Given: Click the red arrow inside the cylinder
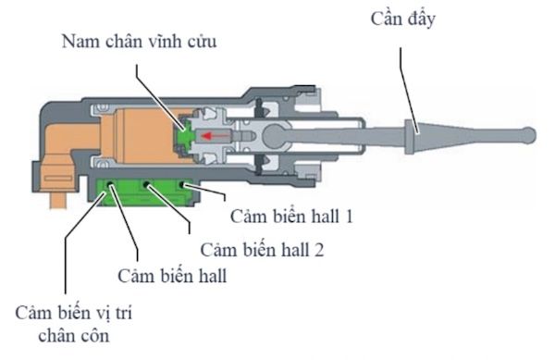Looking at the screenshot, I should (218, 134).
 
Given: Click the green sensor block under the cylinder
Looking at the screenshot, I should (148, 192).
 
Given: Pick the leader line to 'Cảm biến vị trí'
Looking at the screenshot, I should (66, 250).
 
